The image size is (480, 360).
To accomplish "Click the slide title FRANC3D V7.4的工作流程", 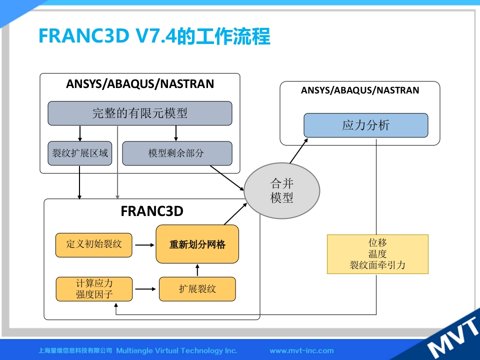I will [x=154, y=36].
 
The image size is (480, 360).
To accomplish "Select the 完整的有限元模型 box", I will [x=140, y=113].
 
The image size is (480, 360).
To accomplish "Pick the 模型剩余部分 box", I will [x=177, y=153].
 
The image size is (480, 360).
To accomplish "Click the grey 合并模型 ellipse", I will [x=282, y=191].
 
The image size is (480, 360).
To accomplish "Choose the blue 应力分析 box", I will [x=365, y=125].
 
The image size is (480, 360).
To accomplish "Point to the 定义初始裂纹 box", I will [x=94, y=245].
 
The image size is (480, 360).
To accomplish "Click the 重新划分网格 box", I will [x=197, y=244].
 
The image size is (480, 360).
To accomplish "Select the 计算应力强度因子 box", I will [x=94, y=289].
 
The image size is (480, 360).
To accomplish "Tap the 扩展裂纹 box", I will [x=197, y=289].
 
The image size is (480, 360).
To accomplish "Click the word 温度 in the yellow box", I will [x=377, y=254].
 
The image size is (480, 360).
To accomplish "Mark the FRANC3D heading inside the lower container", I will [x=152, y=211].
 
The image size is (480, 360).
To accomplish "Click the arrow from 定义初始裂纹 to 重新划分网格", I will [x=145, y=245].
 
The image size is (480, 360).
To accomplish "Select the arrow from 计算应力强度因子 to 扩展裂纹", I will [x=145, y=289].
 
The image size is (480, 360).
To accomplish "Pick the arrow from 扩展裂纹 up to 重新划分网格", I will [x=197, y=270].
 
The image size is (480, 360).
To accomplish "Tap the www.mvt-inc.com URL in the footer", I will [x=301, y=350].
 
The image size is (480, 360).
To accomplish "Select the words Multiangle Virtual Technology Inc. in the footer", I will [x=176, y=350].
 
